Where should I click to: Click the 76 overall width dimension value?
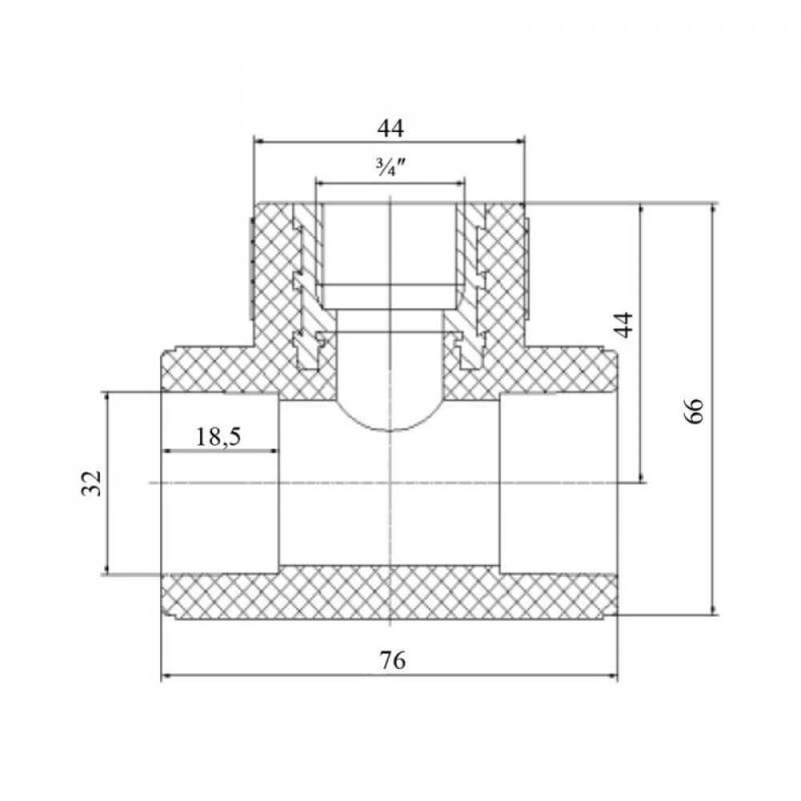(392, 660)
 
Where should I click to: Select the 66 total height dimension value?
(694, 409)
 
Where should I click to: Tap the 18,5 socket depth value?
(219, 437)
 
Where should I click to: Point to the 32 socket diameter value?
(92, 483)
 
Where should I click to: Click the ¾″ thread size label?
(390, 167)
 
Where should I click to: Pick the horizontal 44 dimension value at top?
(391, 128)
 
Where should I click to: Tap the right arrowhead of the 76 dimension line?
(613, 676)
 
